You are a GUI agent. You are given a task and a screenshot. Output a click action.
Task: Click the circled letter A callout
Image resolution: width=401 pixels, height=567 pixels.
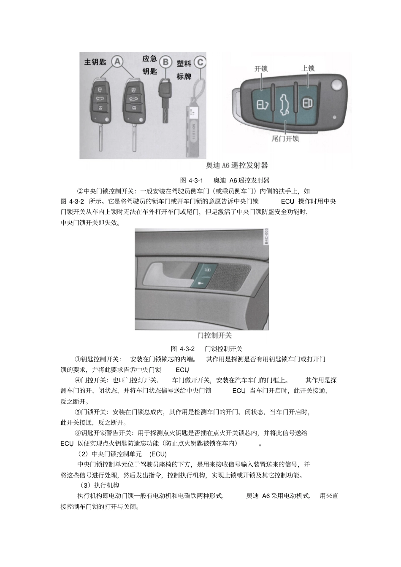(x=117, y=62)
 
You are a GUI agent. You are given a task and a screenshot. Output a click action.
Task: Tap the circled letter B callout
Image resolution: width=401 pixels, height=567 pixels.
(x=165, y=62)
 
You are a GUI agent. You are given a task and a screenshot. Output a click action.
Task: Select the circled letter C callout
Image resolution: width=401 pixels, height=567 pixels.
(x=200, y=63)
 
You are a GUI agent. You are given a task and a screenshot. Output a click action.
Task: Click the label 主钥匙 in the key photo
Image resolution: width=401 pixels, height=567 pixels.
(x=95, y=62)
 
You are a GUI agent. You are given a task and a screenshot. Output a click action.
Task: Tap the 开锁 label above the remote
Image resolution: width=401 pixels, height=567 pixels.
(x=261, y=68)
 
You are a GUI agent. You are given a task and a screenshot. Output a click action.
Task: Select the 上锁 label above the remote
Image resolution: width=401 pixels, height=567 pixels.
(x=308, y=68)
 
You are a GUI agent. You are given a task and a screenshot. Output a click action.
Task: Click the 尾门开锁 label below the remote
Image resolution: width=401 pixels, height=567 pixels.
(x=285, y=138)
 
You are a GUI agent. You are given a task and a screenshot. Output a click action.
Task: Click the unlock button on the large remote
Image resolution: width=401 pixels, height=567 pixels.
(x=262, y=103)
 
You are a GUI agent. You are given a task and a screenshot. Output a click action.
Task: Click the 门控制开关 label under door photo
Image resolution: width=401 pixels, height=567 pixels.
(x=214, y=336)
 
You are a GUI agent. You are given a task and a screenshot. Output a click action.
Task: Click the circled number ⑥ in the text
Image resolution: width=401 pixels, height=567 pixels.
(x=78, y=433)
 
